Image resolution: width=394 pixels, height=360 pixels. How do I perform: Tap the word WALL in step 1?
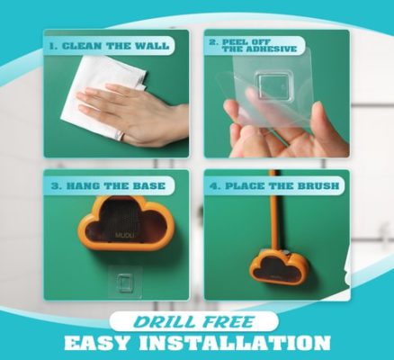(152, 46)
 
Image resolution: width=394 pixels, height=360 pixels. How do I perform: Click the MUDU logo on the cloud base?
(124, 235)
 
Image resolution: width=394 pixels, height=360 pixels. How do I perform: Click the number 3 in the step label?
(55, 185)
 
